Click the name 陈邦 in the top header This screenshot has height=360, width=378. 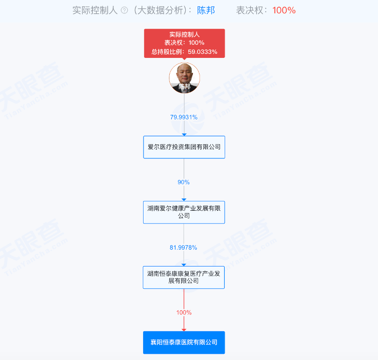(206, 10)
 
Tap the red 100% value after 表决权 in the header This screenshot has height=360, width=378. (284, 10)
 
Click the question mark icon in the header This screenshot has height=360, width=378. (124, 10)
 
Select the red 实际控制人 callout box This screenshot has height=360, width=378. (184, 43)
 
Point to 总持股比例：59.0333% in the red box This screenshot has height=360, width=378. (184, 51)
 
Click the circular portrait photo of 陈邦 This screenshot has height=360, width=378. (184, 78)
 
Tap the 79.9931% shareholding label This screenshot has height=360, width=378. (184, 117)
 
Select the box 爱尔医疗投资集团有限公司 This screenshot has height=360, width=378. (184, 147)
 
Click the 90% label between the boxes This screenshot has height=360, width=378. (184, 182)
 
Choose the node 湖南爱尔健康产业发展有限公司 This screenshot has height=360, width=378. (184, 212)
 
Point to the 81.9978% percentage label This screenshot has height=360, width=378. (184, 247)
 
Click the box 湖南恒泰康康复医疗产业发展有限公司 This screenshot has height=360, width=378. (184, 277)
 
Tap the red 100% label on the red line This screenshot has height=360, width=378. (184, 312)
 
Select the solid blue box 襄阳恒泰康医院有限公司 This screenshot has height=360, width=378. (184, 342)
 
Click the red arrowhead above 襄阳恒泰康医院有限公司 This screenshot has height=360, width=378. (184, 329)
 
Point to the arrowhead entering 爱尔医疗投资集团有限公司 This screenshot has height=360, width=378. (184, 134)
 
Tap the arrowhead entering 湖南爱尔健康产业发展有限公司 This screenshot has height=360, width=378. (184, 199)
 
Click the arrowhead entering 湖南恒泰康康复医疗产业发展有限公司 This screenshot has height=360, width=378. (184, 264)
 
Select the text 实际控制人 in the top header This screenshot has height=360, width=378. (95, 10)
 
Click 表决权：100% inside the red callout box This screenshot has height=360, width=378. (184, 43)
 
